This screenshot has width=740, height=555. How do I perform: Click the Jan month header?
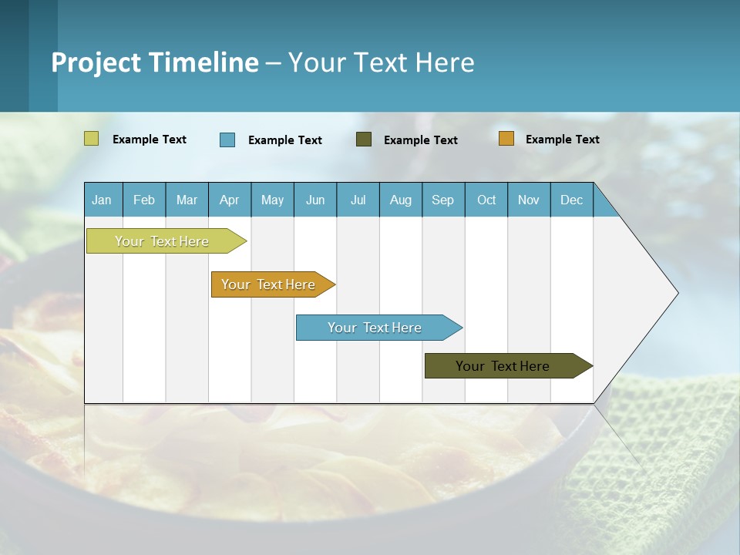[103, 200]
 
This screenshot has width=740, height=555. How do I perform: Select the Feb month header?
[144, 200]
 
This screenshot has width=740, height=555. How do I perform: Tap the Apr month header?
[230, 200]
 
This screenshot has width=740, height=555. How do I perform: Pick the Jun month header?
[315, 200]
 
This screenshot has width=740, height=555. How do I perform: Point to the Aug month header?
[401, 200]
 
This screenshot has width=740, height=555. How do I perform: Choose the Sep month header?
[443, 200]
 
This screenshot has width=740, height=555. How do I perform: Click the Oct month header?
[486, 200]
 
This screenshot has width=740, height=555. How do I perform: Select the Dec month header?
[572, 200]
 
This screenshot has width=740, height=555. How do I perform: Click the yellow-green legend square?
[92, 139]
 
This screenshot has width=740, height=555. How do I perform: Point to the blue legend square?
[227, 140]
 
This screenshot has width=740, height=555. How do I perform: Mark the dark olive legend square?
[364, 140]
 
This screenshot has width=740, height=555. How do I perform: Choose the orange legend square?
[506, 139]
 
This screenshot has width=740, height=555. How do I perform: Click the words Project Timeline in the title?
[155, 62]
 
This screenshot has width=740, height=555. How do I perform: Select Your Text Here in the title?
[381, 62]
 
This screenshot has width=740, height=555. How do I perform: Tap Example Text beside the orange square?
[562, 140]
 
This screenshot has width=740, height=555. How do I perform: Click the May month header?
[272, 200]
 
